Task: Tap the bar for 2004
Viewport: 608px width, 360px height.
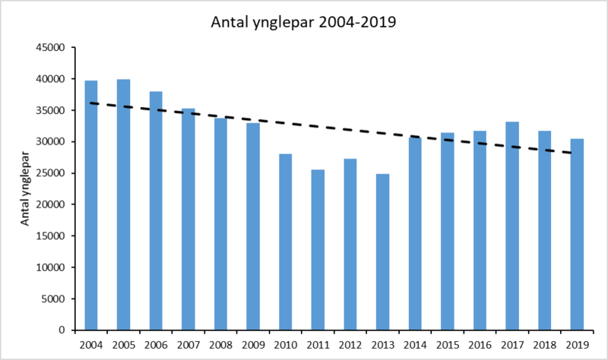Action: (91, 205)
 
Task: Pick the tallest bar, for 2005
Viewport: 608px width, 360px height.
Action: (124, 205)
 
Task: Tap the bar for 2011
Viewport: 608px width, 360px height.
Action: (318, 250)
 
